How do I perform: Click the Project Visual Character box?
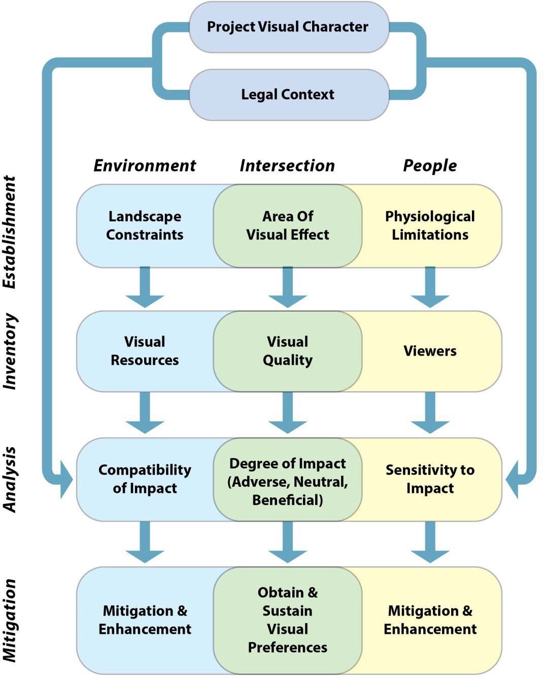point(288,27)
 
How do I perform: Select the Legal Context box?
point(288,94)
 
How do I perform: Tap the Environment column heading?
point(145,165)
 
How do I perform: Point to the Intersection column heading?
point(287,165)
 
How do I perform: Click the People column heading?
point(430,165)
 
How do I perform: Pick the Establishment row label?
point(10,232)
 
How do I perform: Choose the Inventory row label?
point(10,351)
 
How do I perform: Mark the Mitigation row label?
point(10,620)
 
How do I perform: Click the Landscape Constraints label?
point(145,225)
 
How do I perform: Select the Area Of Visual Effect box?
point(288,225)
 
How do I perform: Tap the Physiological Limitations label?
point(430,225)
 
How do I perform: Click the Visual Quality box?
point(288,351)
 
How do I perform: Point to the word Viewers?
point(430,351)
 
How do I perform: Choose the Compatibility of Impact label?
point(145,479)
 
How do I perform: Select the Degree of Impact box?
point(288,481)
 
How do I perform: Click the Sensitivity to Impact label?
point(430,479)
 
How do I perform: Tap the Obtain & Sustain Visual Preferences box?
point(288,620)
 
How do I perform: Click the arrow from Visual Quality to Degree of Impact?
point(288,414)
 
